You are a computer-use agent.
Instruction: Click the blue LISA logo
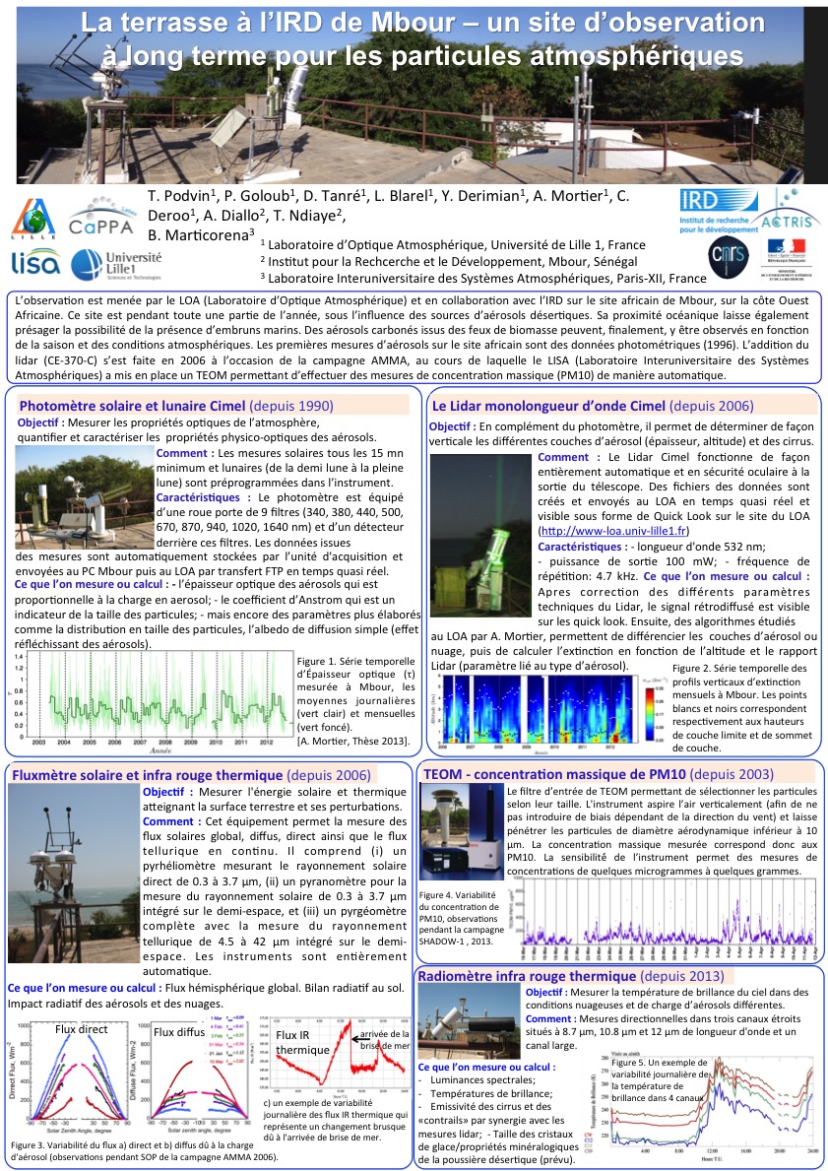(35, 262)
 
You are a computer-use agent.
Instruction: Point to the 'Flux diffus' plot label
(177, 1031)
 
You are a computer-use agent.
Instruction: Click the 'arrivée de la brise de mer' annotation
(384, 1039)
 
